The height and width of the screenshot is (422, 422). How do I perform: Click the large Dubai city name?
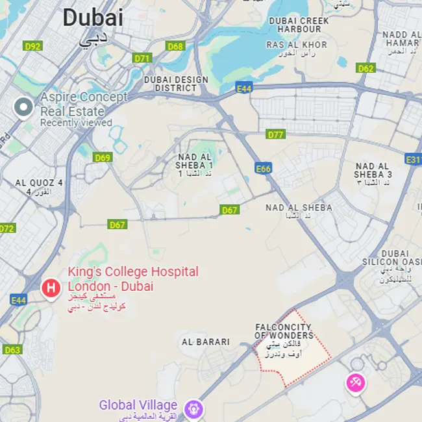tap(92, 18)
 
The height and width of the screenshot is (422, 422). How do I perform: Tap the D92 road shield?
tap(32, 46)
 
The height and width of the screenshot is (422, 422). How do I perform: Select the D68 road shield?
tap(175, 46)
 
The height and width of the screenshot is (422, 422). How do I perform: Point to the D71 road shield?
tap(142, 58)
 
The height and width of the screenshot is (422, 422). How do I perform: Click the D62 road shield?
tap(366, 68)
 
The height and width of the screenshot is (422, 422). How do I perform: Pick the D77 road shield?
tap(276, 134)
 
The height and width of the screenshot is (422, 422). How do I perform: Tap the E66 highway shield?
tap(263, 169)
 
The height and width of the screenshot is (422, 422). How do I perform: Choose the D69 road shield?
tap(103, 157)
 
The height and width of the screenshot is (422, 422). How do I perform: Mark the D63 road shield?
tap(12, 350)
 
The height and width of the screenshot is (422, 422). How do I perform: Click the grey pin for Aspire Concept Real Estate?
tap(24, 107)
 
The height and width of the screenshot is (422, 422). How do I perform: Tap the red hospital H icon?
tap(51, 287)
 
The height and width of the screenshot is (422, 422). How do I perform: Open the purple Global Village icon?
tap(193, 408)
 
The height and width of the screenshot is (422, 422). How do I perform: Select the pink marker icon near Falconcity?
tap(355, 382)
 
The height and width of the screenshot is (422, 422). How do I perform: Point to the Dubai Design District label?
tap(176, 84)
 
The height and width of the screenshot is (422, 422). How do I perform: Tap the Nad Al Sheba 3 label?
tap(373, 171)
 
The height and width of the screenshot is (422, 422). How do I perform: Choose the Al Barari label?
tap(206, 341)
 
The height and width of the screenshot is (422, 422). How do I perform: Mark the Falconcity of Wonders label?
tap(283, 332)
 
